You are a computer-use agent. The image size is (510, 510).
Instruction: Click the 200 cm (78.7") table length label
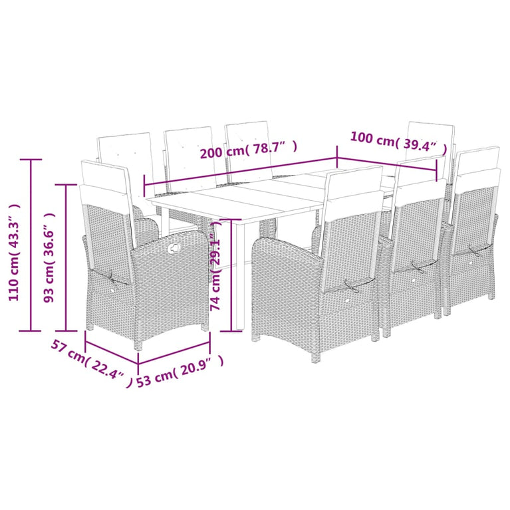248,150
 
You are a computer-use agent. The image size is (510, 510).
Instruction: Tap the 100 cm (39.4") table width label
394,141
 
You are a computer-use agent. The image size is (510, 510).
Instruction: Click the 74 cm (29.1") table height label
215,273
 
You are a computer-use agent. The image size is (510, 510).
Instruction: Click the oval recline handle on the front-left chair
175,249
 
